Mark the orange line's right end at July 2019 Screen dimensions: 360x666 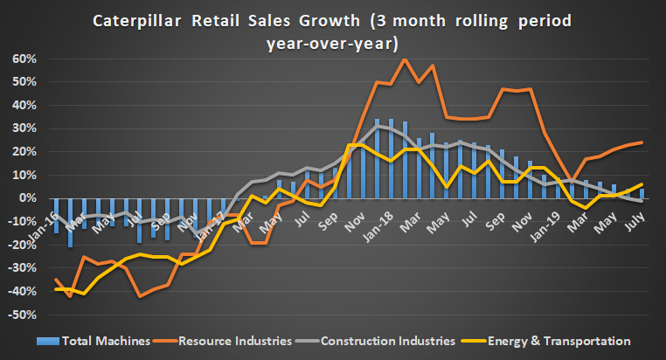(643, 142)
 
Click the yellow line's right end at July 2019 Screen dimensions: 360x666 (643, 184)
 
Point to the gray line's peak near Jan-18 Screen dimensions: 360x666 (377, 126)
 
